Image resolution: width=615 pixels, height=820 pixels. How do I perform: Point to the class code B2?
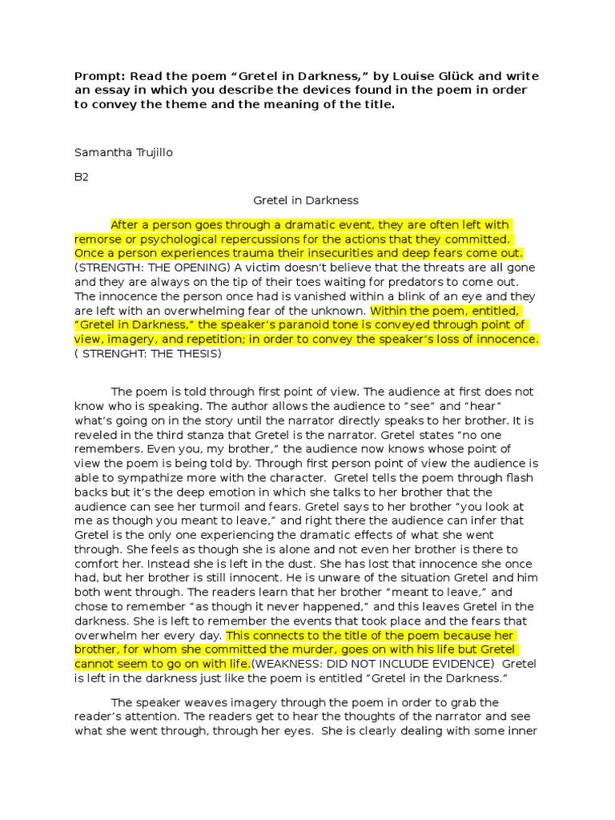point(82,177)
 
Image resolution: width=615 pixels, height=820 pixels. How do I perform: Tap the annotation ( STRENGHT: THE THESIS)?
point(148,353)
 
